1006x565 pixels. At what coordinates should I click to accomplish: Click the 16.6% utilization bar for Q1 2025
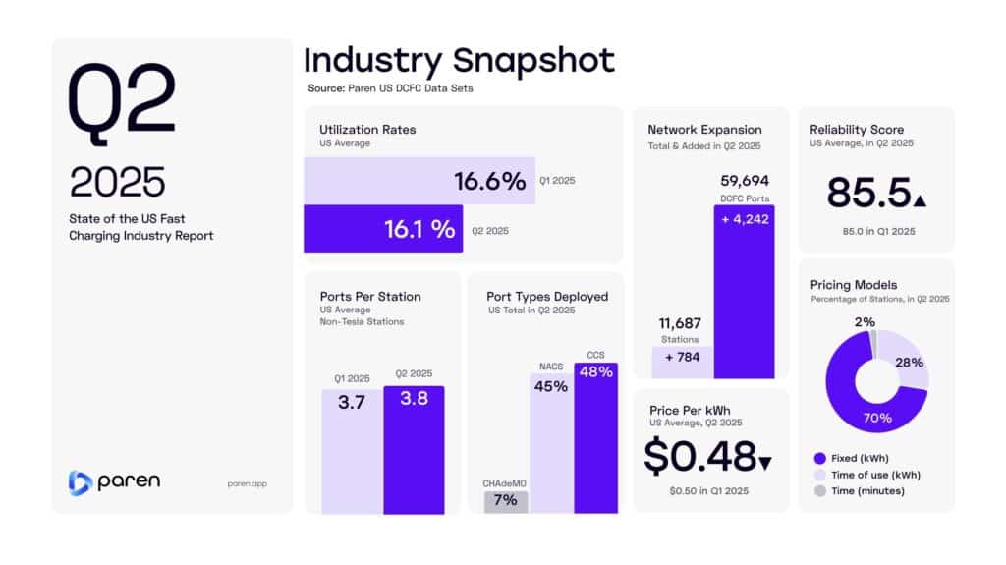click(x=419, y=181)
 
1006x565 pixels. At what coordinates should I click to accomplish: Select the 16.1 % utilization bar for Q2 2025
click(x=382, y=229)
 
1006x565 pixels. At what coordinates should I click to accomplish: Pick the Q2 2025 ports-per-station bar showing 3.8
click(x=414, y=448)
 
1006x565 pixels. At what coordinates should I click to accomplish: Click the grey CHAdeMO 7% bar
click(x=506, y=501)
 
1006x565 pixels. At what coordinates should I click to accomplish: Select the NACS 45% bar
click(x=551, y=442)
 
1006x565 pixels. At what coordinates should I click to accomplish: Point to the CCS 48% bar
click(x=595, y=437)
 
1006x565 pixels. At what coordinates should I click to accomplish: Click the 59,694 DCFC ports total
click(x=744, y=181)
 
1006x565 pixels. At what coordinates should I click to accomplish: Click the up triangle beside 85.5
click(x=919, y=201)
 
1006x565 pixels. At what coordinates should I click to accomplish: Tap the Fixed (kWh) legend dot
click(x=820, y=458)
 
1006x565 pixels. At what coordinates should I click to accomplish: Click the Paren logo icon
click(x=80, y=482)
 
